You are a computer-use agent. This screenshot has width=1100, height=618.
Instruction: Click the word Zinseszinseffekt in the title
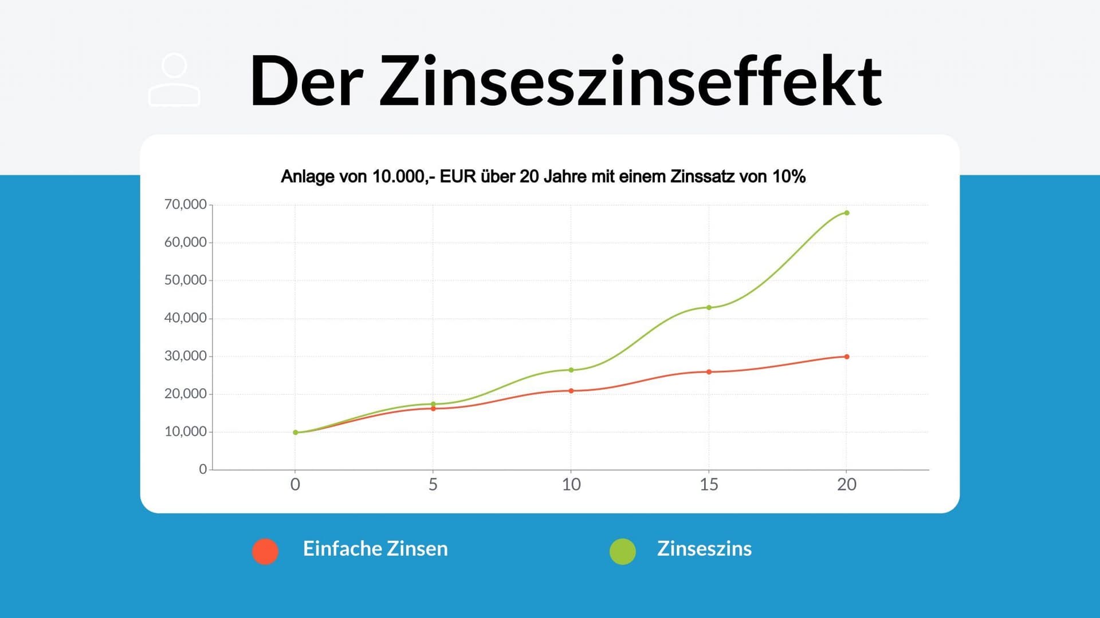630,81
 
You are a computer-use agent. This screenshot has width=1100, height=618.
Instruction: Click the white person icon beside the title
174,80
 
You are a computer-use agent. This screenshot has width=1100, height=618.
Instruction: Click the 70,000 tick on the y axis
185,204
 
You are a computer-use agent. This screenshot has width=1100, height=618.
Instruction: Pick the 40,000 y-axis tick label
185,318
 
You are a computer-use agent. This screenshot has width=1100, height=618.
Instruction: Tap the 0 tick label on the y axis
203,469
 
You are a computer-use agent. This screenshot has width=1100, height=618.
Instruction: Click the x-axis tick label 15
709,485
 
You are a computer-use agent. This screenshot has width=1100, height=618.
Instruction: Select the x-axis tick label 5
433,485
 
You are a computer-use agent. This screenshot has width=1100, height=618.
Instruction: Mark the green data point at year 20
847,213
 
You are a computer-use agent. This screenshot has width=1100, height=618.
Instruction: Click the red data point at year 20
847,356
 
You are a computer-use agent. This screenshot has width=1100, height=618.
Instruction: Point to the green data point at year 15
709,307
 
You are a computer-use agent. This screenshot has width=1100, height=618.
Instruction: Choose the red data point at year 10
571,391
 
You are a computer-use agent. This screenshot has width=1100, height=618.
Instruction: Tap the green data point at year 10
571,370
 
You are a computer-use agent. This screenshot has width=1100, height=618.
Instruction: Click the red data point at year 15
709,372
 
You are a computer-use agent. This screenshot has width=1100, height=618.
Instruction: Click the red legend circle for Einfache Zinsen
265,551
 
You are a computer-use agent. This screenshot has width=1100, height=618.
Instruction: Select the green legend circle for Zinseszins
623,551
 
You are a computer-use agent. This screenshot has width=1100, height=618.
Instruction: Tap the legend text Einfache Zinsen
375,549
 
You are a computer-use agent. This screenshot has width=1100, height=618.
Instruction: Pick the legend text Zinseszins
704,549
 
